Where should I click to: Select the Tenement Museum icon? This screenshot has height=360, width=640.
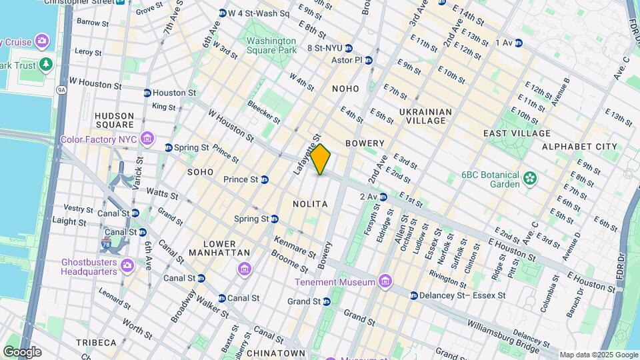coord(385,283)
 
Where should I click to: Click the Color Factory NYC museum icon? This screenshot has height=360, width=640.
coord(148,140)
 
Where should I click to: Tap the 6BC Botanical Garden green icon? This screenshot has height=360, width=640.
coord(530,178)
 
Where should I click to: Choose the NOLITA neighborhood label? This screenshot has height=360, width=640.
coord(310,204)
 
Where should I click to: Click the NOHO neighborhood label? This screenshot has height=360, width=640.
coord(345,89)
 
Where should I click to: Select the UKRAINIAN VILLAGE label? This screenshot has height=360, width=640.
coord(426,116)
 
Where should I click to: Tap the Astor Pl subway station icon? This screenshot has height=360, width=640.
coord(368,60)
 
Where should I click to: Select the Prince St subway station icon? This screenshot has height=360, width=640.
coord(265,179)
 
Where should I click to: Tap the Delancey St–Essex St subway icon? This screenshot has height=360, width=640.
coord(414,295)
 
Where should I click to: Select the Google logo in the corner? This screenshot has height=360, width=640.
coord(22,351)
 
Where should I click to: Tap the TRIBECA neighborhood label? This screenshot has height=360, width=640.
coord(96,343)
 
